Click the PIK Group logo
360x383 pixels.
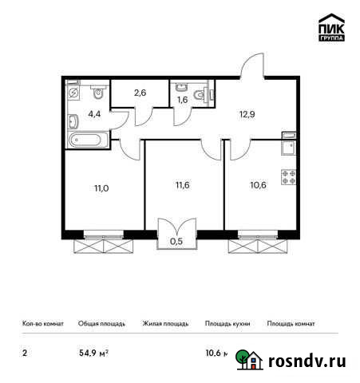coord(331,28)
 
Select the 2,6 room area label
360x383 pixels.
coord(140,93)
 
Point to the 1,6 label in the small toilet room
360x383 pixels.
coord(183,101)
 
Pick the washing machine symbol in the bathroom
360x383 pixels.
coord(74,93)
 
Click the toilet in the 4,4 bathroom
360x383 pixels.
coord(95,91)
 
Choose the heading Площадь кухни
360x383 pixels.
coord(227,324)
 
